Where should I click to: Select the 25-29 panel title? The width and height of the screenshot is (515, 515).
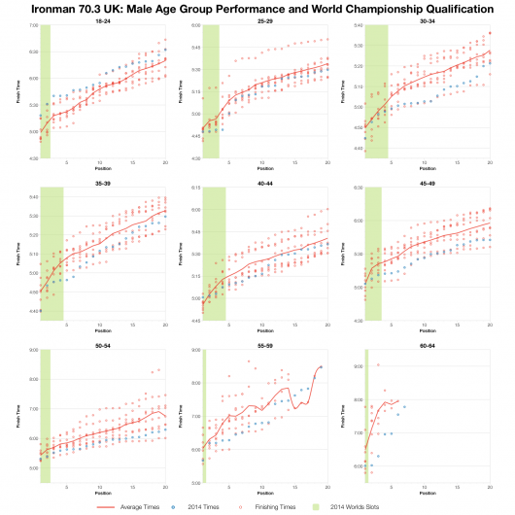[266, 19]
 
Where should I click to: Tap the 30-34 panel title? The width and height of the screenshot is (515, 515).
[429, 19]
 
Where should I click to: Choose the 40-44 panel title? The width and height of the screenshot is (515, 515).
[266, 182]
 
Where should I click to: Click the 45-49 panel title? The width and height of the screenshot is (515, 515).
[429, 182]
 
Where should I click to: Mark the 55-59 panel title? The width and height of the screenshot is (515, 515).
[266, 344]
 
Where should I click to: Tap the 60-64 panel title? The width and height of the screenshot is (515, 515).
[429, 344]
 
